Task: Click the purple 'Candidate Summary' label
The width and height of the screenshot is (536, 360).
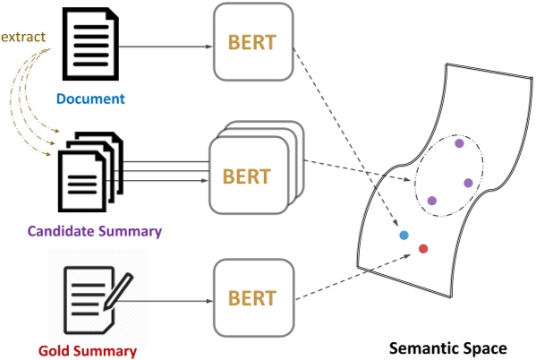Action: click(x=95, y=231)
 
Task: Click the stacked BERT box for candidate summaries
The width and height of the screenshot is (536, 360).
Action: click(x=251, y=172)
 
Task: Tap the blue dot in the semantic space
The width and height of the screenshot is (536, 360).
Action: click(x=404, y=236)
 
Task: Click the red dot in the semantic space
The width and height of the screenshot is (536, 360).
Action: click(x=423, y=248)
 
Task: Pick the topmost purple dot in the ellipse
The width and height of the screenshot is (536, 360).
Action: click(x=459, y=142)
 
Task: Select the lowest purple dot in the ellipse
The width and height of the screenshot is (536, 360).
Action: click(x=431, y=201)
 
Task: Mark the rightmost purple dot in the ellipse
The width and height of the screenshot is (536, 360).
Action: click(x=468, y=183)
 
